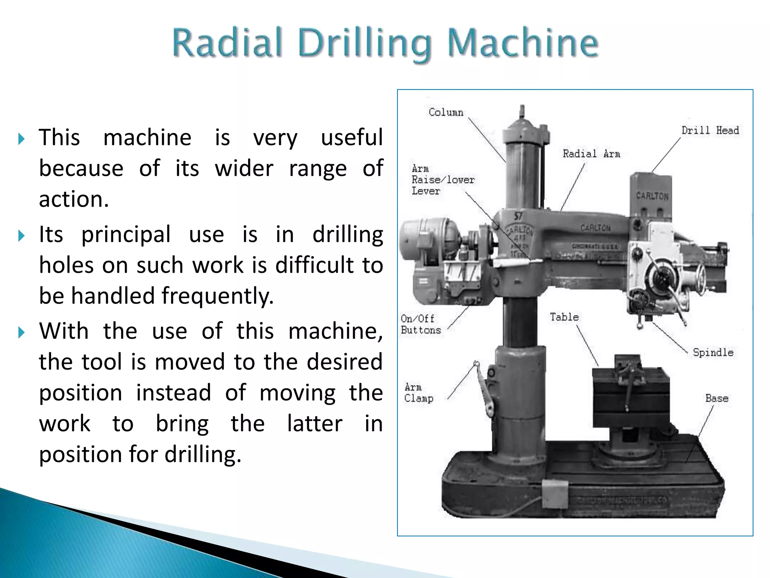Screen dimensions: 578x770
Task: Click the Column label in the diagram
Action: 446,113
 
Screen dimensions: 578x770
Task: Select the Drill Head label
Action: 710,131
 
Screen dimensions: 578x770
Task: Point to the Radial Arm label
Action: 591,154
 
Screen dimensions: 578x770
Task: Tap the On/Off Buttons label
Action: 420,324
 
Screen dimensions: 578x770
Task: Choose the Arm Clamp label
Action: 418,393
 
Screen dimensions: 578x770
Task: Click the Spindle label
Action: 713,353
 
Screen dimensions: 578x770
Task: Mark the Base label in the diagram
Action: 717,399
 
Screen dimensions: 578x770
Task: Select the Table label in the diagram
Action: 564,317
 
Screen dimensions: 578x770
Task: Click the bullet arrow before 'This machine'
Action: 21,139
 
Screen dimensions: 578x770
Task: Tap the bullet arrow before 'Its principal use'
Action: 21,236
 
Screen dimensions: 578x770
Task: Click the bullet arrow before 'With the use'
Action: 21,332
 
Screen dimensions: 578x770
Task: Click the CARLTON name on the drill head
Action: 652,196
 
